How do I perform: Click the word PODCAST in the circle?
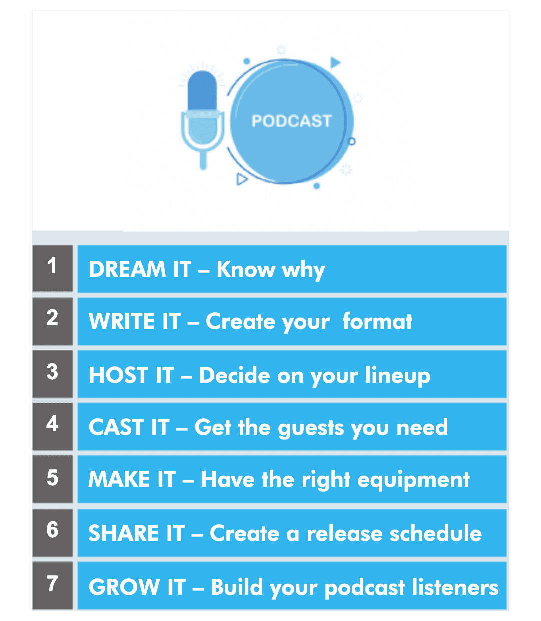tap(291, 121)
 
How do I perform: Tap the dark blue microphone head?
tap(202, 91)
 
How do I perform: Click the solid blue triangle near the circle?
tap(335, 62)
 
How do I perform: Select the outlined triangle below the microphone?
tap(242, 179)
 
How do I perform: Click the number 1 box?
tap(53, 268)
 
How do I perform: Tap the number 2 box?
tap(53, 321)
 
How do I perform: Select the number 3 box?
tap(53, 374)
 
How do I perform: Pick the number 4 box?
tap(53, 426)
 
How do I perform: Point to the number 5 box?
tap(53, 479)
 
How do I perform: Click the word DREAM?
tap(127, 269)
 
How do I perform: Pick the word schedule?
tap(436, 533)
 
